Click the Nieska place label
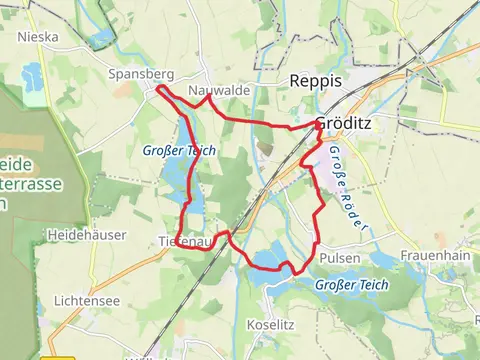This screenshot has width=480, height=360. pos(38,37)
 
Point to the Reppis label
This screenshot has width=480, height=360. pos(315,81)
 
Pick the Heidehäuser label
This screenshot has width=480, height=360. pos(77,234)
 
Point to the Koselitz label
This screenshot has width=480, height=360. pos(271,325)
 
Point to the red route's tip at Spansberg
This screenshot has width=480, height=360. pos(157,89)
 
